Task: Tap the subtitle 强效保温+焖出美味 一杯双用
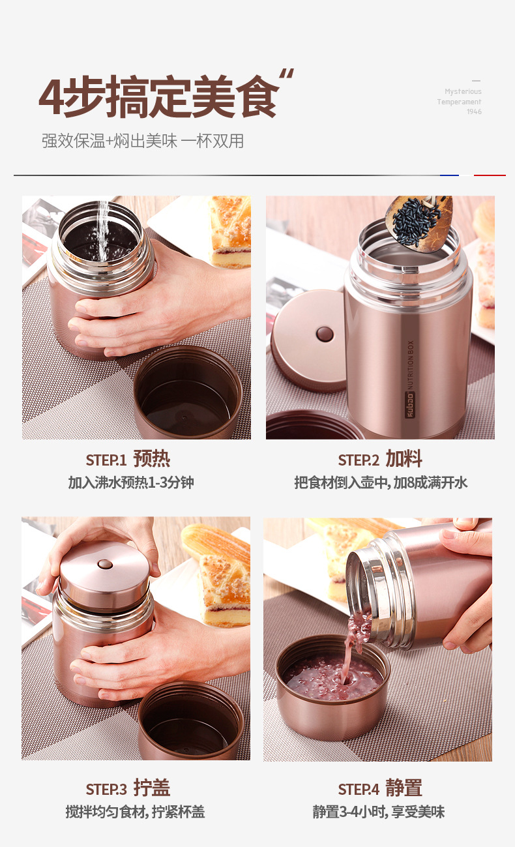click(x=143, y=141)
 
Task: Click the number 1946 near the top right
click(x=474, y=111)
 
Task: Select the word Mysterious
click(x=463, y=91)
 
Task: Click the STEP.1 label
click(x=106, y=460)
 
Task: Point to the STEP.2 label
click(x=359, y=460)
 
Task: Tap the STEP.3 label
click(x=106, y=789)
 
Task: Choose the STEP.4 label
click(x=359, y=789)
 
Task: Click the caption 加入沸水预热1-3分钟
click(x=131, y=483)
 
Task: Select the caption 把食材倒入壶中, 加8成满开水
click(x=381, y=483)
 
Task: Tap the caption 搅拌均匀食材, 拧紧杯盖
click(x=136, y=811)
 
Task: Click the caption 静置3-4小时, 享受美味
click(x=379, y=811)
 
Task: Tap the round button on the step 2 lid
click(x=325, y=334)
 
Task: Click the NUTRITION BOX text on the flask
click(x=410, y=365)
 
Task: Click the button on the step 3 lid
click(x=105, y=565)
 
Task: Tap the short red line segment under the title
click(x=490, y=175)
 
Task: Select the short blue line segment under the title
click(x=449, y=175)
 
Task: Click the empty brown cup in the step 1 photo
click(x=188, y=393)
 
